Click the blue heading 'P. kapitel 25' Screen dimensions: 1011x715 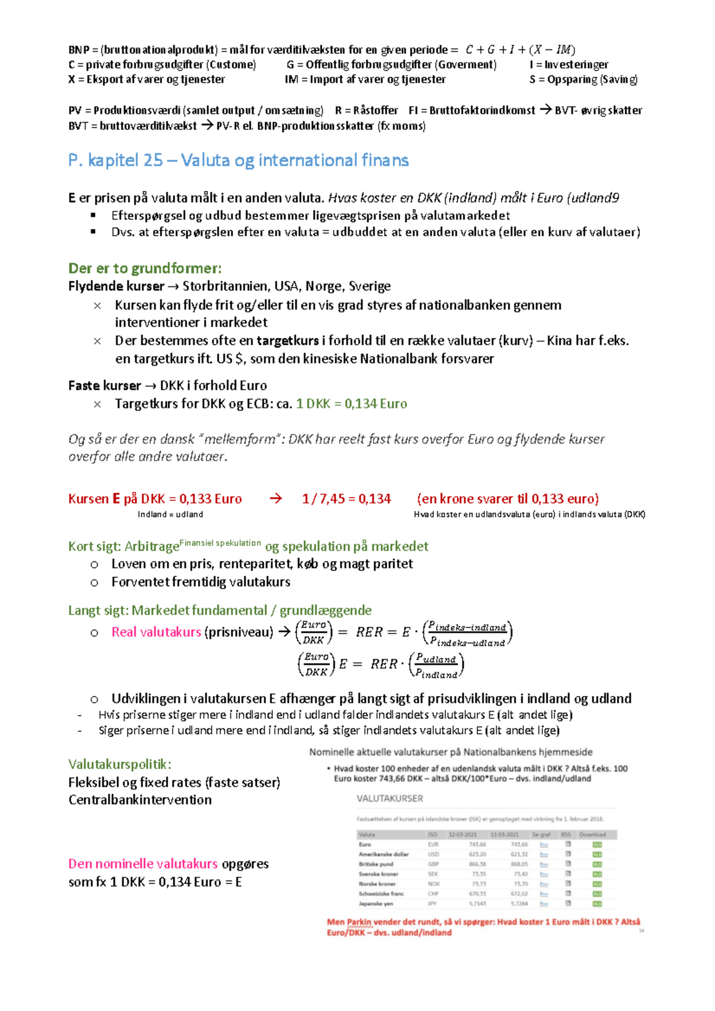[x=116, y=160]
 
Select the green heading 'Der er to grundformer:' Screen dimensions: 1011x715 [x=145, y=268]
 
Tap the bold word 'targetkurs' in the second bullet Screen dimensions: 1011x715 [x=288, y=341]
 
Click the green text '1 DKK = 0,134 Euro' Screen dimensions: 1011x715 [x=352, y=404]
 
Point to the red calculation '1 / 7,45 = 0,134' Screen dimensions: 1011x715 [x=346, y=499]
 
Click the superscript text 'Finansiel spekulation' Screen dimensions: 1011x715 [x=220, y=543]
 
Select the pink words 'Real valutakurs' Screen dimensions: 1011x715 [x=156, y=632]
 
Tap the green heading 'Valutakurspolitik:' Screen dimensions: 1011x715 [x=120, y=764]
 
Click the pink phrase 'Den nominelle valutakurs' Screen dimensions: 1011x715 [x=143, y=863]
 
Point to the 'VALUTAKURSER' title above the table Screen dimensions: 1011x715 [x=390, y=798]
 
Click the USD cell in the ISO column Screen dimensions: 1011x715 [x=433, y=854]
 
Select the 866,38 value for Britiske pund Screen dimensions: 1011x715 [x=477, y=864]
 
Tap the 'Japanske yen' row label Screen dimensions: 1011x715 [x=376, y=903]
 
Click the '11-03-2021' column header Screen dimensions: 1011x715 [x=504, y=835]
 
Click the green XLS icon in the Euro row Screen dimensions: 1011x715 [x=597, y=844]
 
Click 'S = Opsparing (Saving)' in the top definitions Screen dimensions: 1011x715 [x=583, y=79]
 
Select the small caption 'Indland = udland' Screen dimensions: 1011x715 [x=170, y=514]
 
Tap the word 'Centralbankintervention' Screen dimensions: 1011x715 [x=140, y=800]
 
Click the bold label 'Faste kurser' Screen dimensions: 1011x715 [x=105, y=385]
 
